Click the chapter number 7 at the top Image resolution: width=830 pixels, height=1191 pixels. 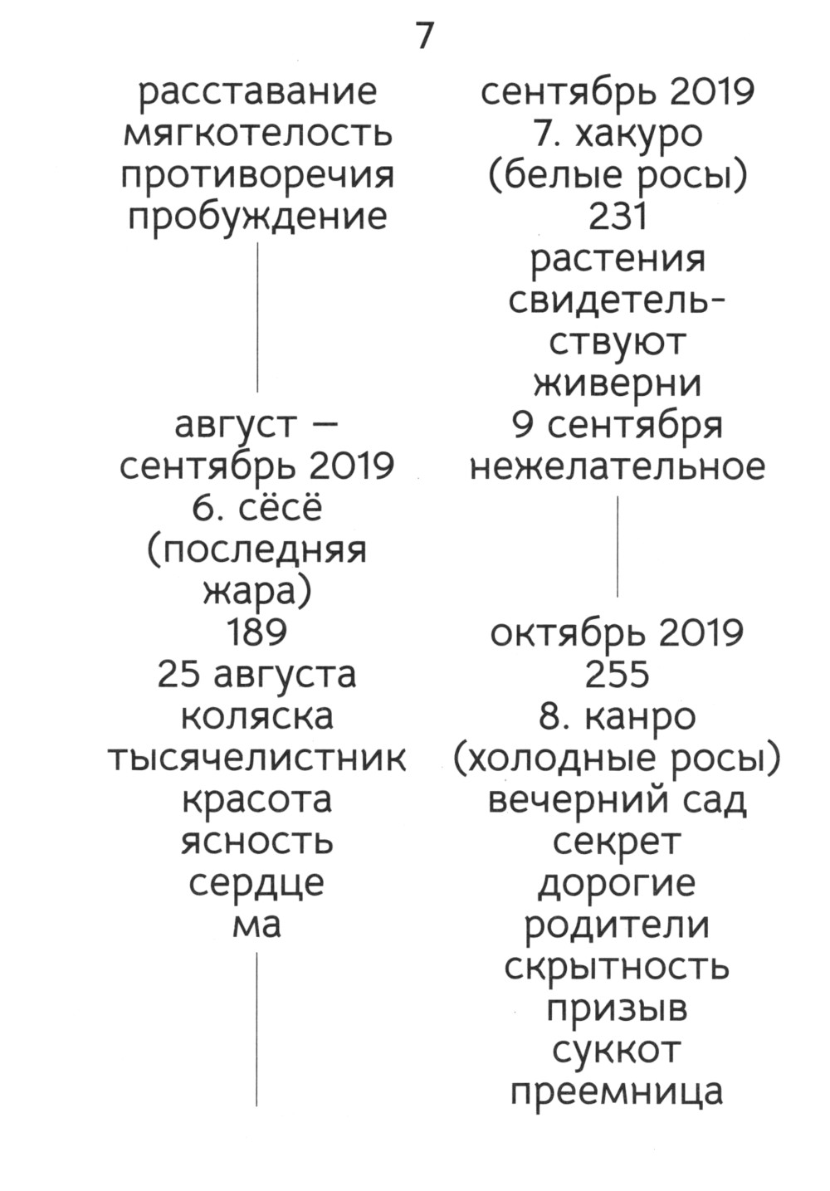(x=424, y=37)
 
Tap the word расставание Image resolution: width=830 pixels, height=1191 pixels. (x=257, y=91)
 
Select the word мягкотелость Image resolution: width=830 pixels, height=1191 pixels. (x=257, y=134)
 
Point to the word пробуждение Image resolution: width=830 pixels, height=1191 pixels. (x=257, y=217)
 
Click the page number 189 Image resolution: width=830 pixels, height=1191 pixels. (x=257, y=632)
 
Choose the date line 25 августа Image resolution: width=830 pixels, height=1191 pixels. (x=257, y=674)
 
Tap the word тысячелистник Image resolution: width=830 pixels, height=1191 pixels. (x=257, y=757)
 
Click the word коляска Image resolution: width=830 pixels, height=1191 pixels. (x=257, y=715)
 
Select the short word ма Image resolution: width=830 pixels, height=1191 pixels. (x=257, y=924)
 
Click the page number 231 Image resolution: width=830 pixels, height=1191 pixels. (x=618, y=217)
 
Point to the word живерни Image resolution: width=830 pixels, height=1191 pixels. (x=618, y=383)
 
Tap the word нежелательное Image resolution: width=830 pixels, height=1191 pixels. (x=618, y=466)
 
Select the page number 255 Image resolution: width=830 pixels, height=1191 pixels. (x=618, y=674)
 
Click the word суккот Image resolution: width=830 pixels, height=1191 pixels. (x=618, y=1050)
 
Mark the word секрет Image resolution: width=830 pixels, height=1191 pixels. (x=618, y=842)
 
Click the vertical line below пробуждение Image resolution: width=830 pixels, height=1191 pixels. (x=257, y=315)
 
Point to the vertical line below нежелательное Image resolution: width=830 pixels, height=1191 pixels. (x=618, y=546)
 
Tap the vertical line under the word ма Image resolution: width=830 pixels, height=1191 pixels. (x=257, y=1029)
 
